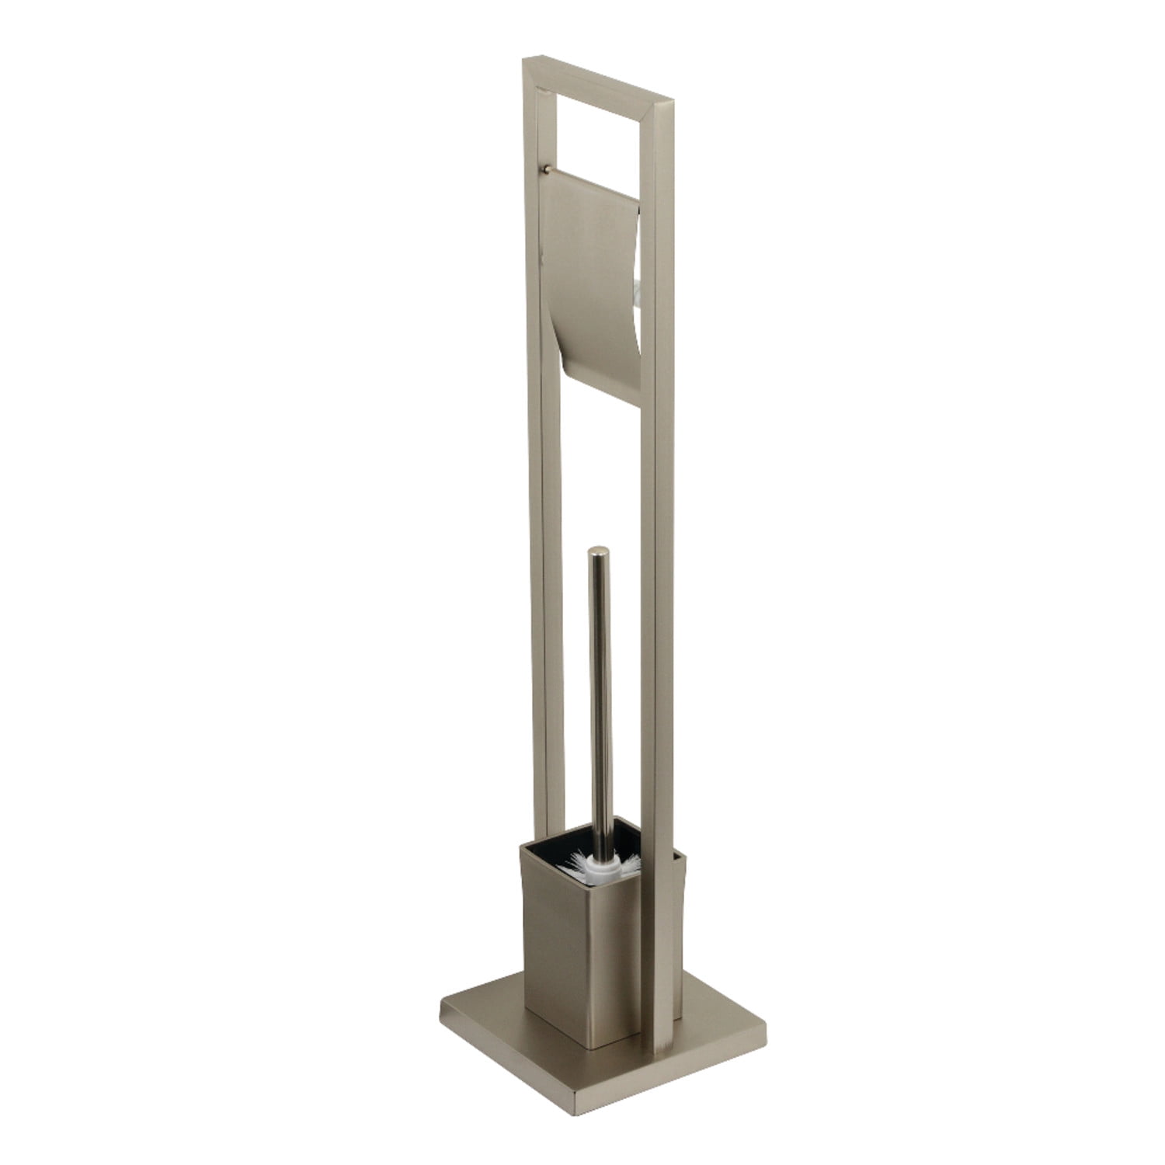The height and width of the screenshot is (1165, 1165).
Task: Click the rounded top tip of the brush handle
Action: [599, 553]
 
